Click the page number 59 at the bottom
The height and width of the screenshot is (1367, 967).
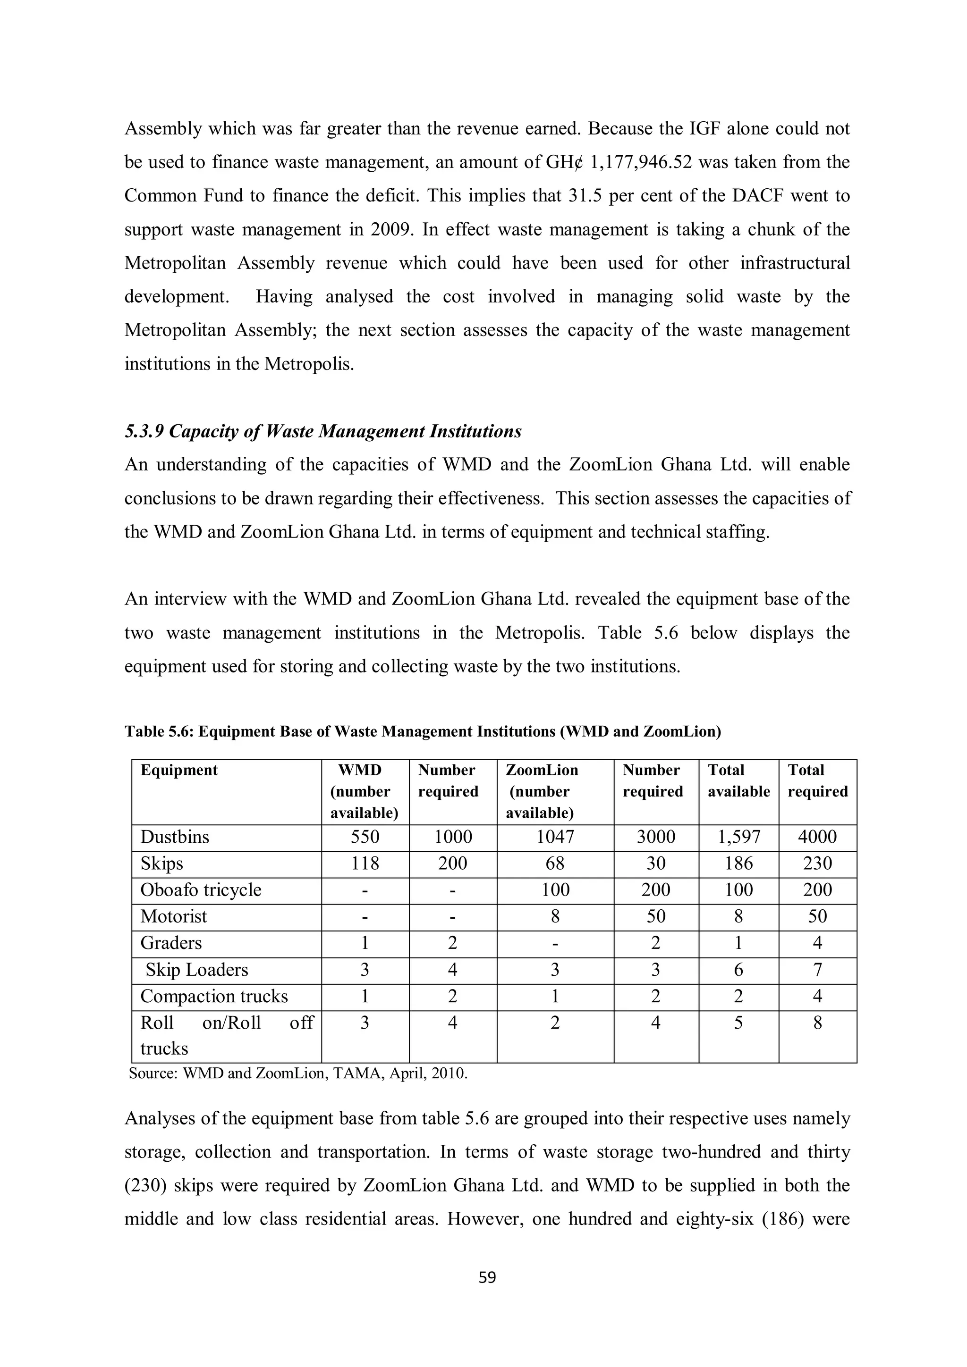pyautogui.click(x=487, y=1277)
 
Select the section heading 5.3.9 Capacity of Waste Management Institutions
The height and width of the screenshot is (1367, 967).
pyautogui.click(x=323, y=431)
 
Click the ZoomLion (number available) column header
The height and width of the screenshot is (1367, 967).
pyautogui.click(x=541, y=791)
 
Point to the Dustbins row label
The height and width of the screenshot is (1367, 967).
pyautogui.click(x=175, y=837)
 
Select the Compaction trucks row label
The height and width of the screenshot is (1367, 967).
pyautogui.click(x=214, y=996)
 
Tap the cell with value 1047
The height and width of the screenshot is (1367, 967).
pyautogui.click(x=555, y=837)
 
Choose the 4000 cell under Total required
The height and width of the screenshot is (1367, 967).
pyautogui.click(x=817, y=837)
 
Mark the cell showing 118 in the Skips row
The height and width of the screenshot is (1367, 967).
pyautogui.click(x=365, y=864)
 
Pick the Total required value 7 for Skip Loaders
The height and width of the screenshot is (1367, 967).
pyautogui.click(x=817, y=970)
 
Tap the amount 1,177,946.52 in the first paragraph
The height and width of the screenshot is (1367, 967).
pyautogui.click(x=641, y=162)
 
